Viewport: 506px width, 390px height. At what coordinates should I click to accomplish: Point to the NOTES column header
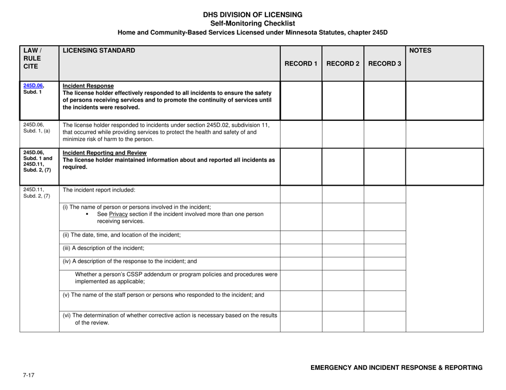(420, 51)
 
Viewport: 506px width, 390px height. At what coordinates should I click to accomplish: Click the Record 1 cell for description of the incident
(301, 248)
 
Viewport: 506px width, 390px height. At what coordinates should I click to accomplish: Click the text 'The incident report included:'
(99, 189)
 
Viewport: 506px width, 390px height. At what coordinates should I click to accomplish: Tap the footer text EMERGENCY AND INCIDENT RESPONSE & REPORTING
(396, 368)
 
